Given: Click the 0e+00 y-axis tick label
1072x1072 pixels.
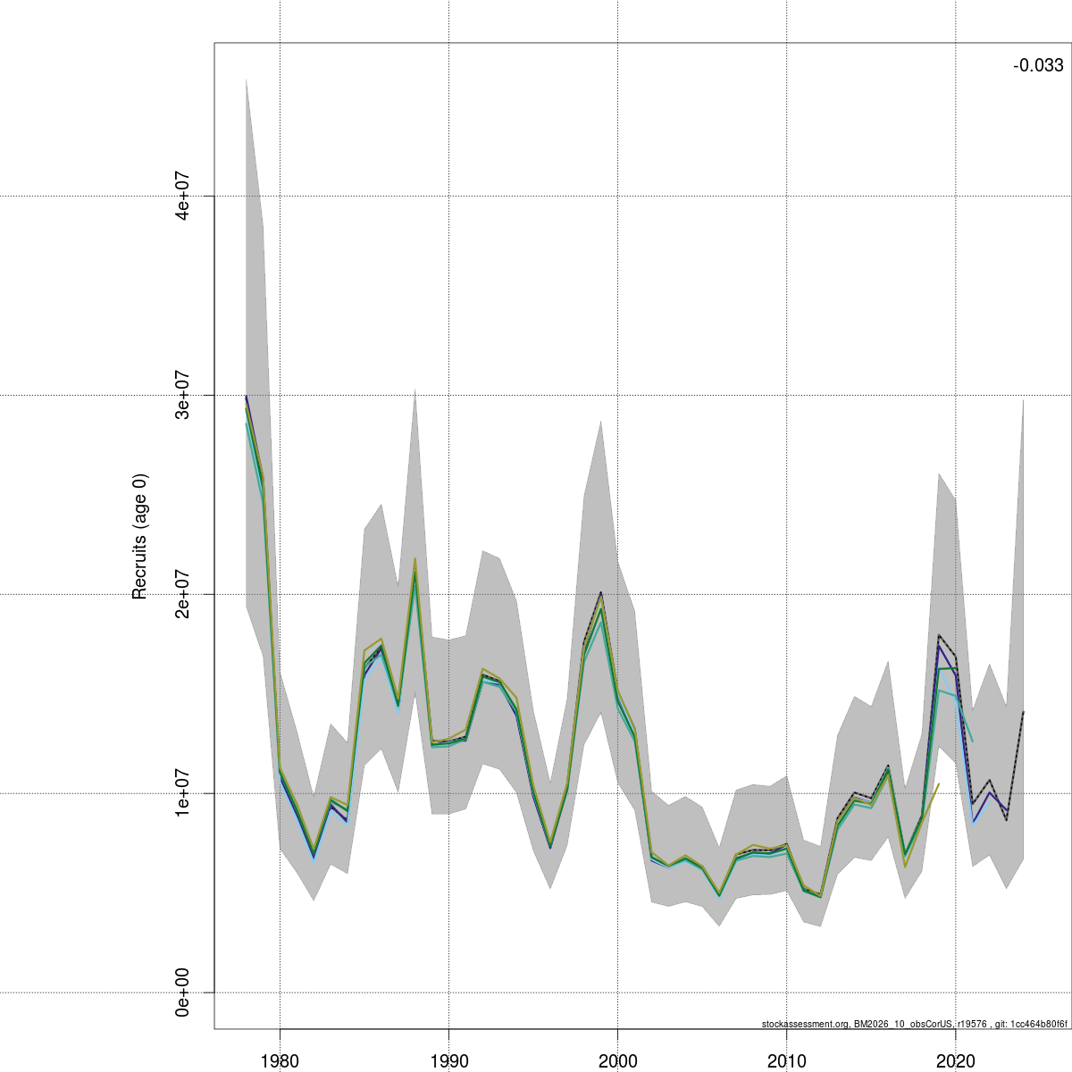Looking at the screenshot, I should point(183,992).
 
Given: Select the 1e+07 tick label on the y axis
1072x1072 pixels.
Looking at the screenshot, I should point(183,792).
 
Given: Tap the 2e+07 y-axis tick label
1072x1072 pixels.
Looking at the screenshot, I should point(183,593).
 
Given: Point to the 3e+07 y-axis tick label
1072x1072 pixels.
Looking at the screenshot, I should point(183,394).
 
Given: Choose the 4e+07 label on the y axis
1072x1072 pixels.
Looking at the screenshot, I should point(183,195).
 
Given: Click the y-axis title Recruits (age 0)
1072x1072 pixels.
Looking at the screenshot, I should point(139,536).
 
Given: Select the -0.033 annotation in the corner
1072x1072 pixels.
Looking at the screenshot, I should point(1038,65).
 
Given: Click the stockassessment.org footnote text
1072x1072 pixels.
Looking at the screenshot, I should point(915,1024).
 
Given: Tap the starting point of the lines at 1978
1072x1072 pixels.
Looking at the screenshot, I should point(247,402).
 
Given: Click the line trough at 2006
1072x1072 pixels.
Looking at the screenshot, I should point(719,894).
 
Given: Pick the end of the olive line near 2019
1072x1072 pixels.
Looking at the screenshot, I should point(939,783).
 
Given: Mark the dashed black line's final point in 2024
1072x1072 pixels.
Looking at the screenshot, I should point(1023,712).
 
